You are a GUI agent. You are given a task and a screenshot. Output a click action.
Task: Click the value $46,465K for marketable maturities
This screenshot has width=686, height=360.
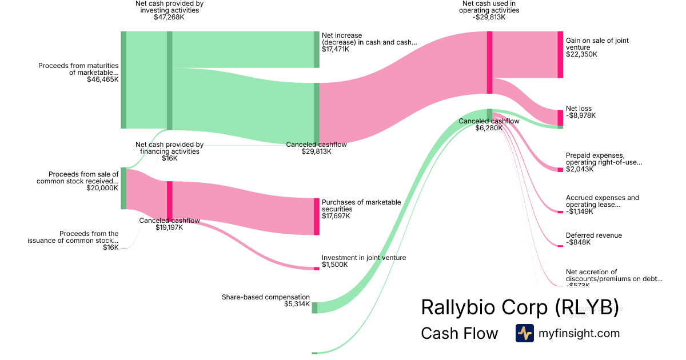[103, 79]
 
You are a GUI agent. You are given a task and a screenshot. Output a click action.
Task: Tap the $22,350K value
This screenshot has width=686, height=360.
[581, 54]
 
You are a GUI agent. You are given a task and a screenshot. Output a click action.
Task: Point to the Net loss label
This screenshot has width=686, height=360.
[579, 109]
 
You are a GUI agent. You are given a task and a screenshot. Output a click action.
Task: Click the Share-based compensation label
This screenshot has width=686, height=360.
[266, 297]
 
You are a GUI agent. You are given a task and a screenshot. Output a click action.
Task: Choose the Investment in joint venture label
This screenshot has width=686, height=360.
[364, 258]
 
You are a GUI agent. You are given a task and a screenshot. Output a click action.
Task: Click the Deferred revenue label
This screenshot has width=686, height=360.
[593, 235]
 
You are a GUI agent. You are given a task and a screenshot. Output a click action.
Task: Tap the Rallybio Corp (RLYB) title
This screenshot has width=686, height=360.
[520, 307]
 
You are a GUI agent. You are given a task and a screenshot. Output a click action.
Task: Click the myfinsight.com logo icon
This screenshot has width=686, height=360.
[524, 333]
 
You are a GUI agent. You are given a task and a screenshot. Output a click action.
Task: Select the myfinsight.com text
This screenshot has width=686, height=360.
[579, 333]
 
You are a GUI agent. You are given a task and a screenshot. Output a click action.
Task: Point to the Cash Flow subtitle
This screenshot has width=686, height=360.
[459, 333]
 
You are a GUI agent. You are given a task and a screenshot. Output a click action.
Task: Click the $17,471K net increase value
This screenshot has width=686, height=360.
[335, 49]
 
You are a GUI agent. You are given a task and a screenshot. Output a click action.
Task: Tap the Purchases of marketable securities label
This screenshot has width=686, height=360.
[361, 206]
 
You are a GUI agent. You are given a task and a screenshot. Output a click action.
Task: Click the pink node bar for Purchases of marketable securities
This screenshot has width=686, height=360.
[316, 217]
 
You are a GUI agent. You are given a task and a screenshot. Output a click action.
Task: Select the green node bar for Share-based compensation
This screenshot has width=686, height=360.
[314, 307]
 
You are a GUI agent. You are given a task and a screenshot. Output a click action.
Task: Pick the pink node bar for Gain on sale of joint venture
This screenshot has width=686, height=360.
[560, 54]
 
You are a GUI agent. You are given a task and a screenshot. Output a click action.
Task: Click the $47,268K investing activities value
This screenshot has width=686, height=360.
[169, 17]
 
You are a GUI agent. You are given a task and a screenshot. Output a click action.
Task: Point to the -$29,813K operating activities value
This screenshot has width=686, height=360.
[490, 17]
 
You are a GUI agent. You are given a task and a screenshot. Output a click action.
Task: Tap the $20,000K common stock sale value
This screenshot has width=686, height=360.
[102, 187]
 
